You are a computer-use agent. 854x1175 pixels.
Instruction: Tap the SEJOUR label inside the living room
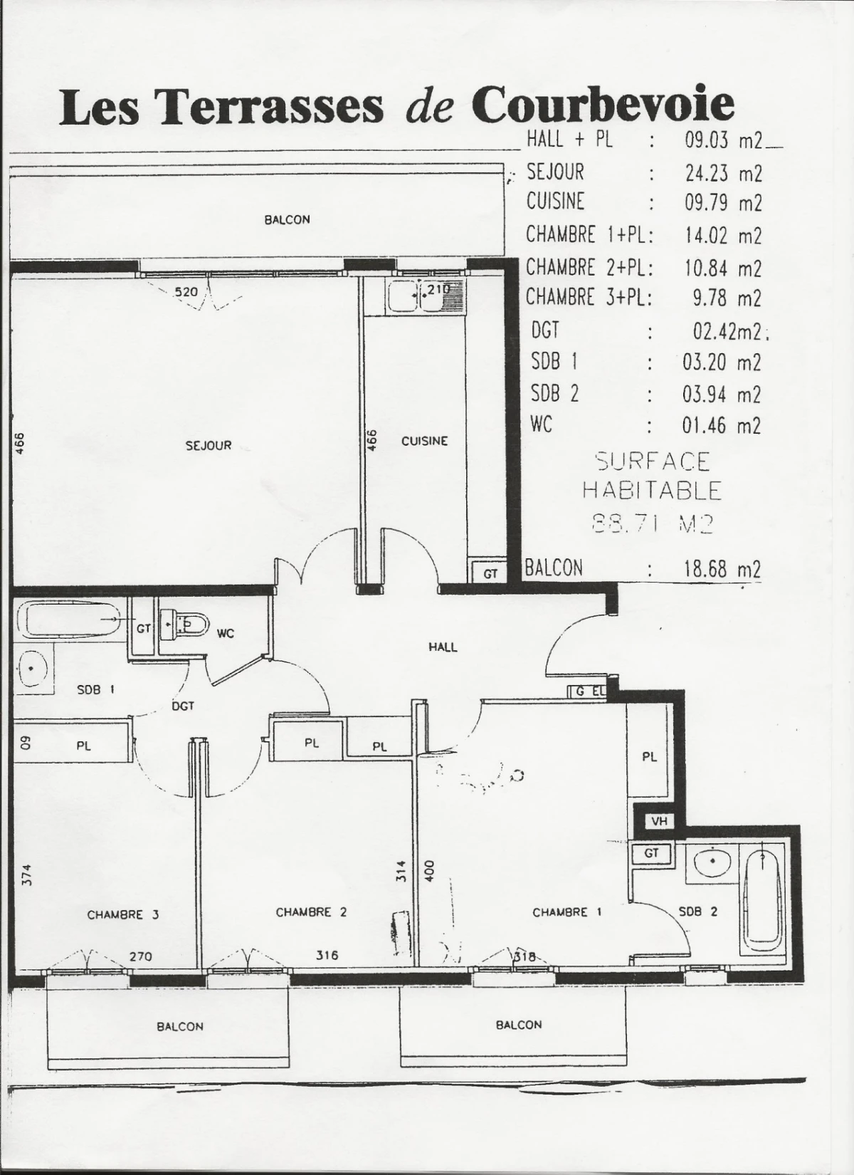[209, 446]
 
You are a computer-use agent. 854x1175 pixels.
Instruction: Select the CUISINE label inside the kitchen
[424, 441]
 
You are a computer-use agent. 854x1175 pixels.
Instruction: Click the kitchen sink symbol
[423, 296]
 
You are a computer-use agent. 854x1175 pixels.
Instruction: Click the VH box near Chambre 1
[658, 821]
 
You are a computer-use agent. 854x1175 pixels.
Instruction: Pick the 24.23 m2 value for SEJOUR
[722, 173]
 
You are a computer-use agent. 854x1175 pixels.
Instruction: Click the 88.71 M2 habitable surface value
[652, 524]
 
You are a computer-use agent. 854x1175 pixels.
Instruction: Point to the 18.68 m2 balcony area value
[721, 569]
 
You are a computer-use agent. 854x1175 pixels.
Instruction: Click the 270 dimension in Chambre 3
[140, 956]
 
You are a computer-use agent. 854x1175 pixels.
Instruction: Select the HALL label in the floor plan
[443, 647]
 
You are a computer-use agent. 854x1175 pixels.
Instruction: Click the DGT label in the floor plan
[183, 706]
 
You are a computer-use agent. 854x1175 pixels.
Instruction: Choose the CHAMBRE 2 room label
[311, 912]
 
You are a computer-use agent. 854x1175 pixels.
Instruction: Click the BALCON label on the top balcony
[287, 219]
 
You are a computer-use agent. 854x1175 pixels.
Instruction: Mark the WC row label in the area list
[542, 424]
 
